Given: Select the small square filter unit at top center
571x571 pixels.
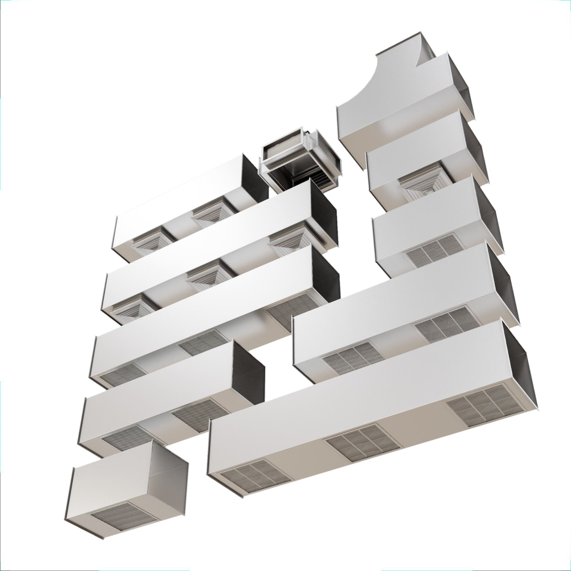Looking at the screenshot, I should click(298, 160).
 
